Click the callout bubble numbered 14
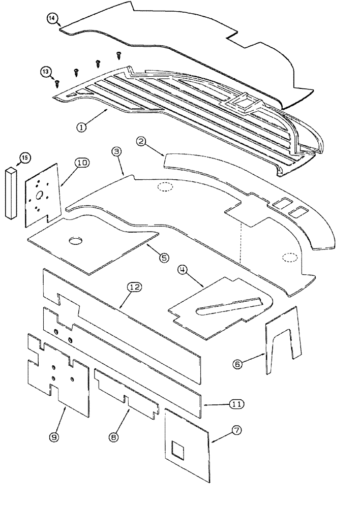[52, 19]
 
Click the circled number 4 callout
[182, 270]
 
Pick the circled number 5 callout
[163, 258]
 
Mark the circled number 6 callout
[237, 364]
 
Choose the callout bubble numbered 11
[235, 404]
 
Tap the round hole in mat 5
[76, 239]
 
